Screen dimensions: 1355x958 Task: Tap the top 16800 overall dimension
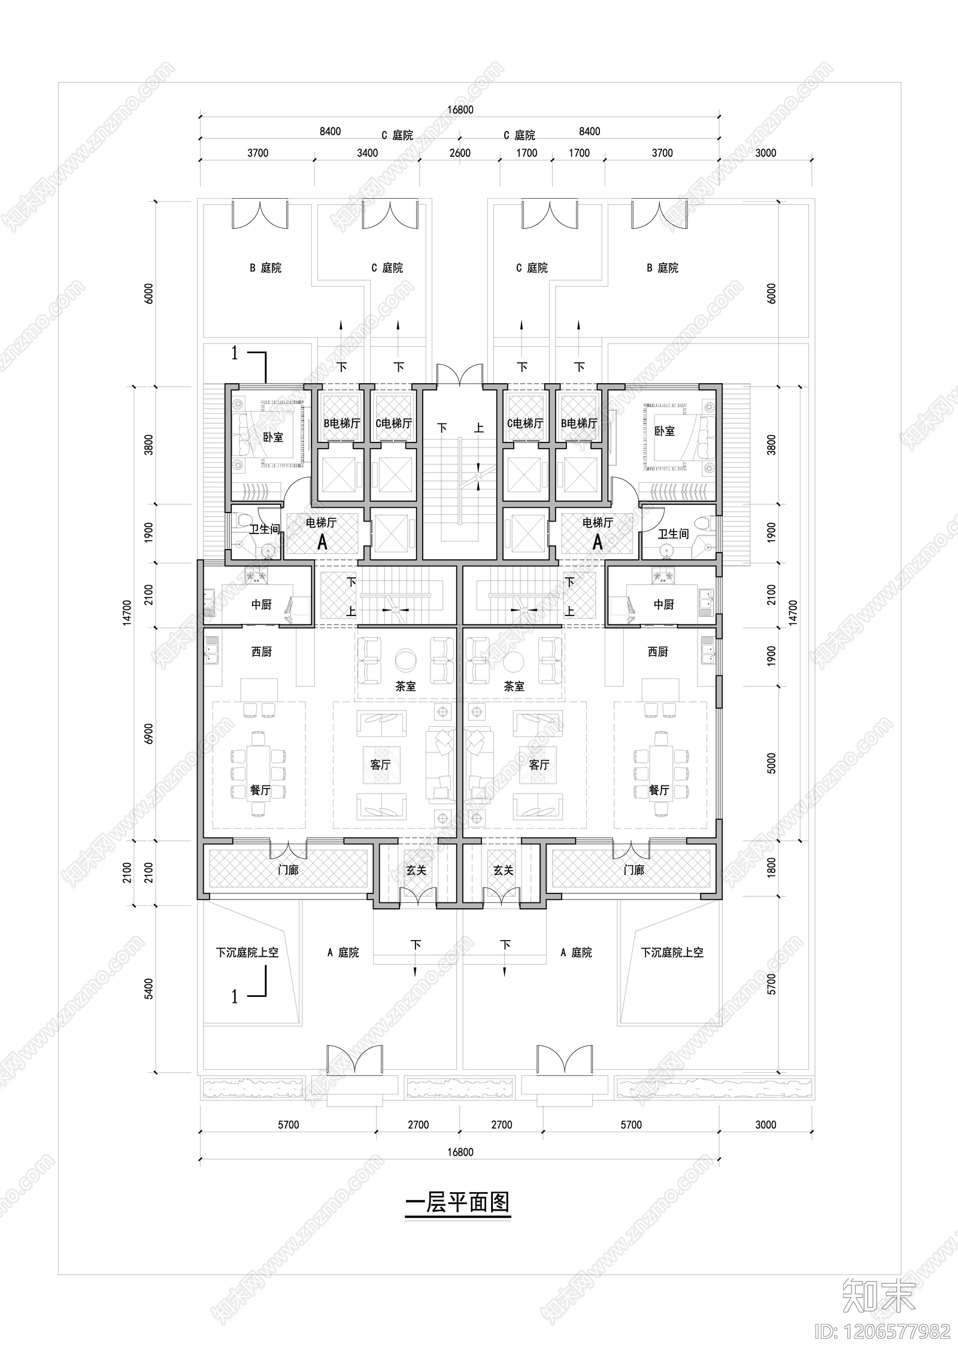point(460,110)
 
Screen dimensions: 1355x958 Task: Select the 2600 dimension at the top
point(460,153)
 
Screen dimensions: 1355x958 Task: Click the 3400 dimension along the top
point(367,153)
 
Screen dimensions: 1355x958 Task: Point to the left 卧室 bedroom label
point(273,437)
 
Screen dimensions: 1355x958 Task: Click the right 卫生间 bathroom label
point(673,533)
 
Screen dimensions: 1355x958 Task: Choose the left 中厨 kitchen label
point(261,605)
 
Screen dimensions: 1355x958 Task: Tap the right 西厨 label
point(657,651)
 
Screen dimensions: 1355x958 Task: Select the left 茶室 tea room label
point(405,686)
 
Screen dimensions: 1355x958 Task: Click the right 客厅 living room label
point(539,765)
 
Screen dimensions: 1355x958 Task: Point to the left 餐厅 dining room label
point(260,790)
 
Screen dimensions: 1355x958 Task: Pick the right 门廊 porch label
point(633,870)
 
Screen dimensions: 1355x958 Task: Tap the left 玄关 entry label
point(416,870)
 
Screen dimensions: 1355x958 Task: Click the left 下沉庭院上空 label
point(247,952)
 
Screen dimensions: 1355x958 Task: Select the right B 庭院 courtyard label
point(662,268)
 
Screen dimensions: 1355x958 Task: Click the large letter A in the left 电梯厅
point(322,542)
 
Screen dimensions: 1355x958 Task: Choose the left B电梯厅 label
point(342,423)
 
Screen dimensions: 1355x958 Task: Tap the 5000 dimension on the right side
point(771,763)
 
